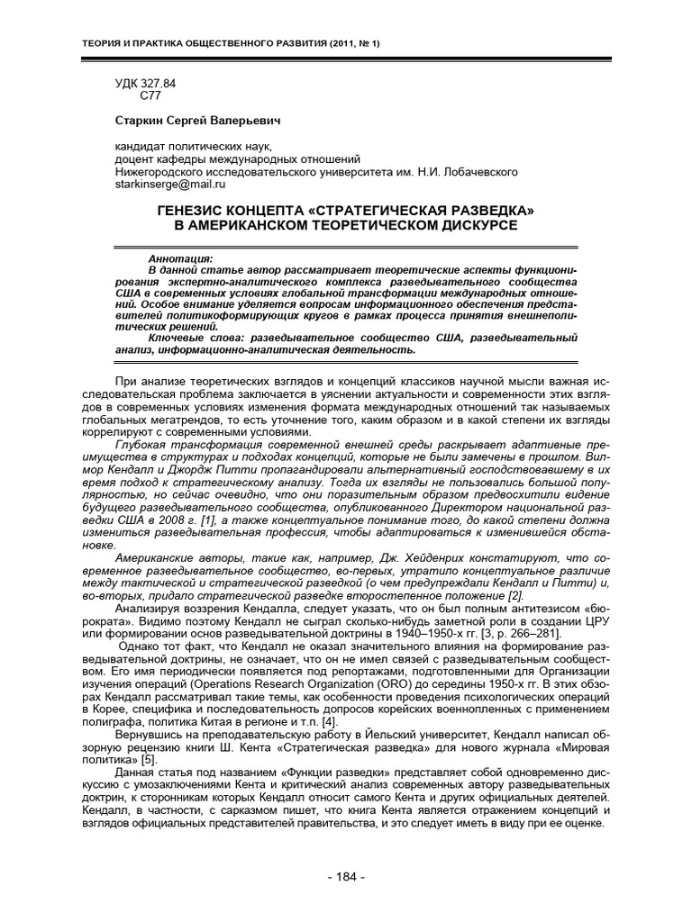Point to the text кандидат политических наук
[189, 145]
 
